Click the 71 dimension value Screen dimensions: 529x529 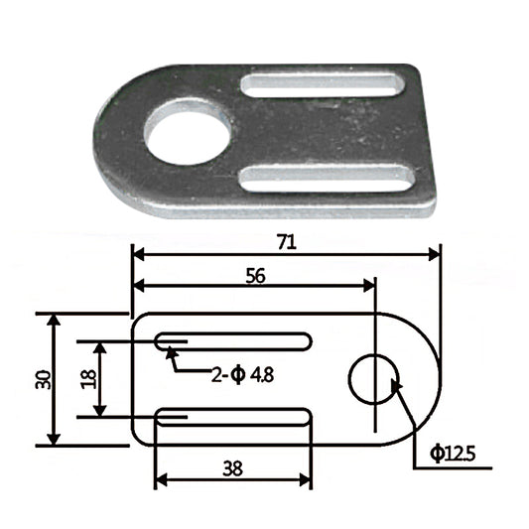tap(287, 240)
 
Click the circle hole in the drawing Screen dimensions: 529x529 tap(374, 378)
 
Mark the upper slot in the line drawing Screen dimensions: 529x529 tap(233, 341)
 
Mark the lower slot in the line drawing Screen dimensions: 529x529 tap(233, 416)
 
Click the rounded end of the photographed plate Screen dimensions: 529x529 tap(111, 139)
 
